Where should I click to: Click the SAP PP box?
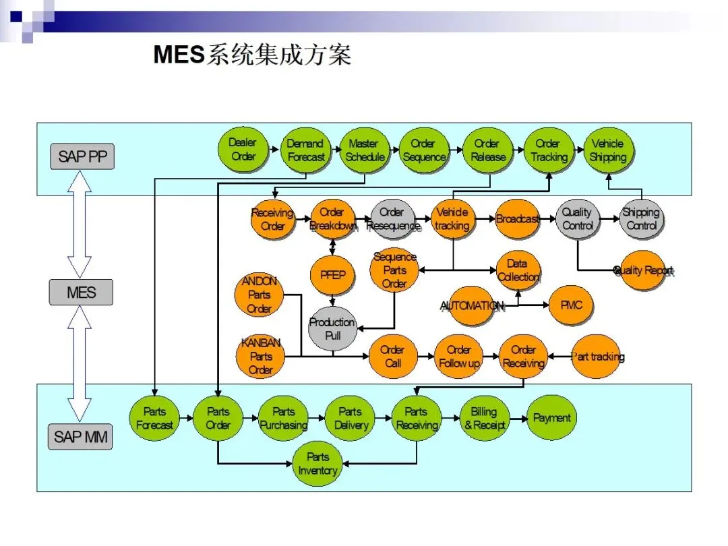(x=82, y=157)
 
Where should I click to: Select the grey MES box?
(x=81, y=293)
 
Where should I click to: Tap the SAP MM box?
(x=81, y=437)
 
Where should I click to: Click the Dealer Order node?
(x=243, y=150)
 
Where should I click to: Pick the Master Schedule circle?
(x=365, y=150)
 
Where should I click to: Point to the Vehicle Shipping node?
(x=608, y=150)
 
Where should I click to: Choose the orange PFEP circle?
(x=332, y=275)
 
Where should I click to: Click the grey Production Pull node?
(x=332, y=328)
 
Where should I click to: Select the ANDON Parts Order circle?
(x=259, y=295)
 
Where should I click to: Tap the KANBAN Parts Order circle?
(x=261, y=357)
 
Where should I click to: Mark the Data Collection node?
(x=518, y=270)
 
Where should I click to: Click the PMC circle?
(x=571, y=305)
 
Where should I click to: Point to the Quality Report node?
(x=642, y=270)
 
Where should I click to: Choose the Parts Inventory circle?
(x=317, y=464)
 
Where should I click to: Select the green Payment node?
(x=551, y=418)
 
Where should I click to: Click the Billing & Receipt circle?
(x=484, y=418)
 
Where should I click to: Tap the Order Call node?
(x=392, y=357)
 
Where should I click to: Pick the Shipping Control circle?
(x=641, y=219)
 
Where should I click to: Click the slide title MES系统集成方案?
(x=253, y=55)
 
